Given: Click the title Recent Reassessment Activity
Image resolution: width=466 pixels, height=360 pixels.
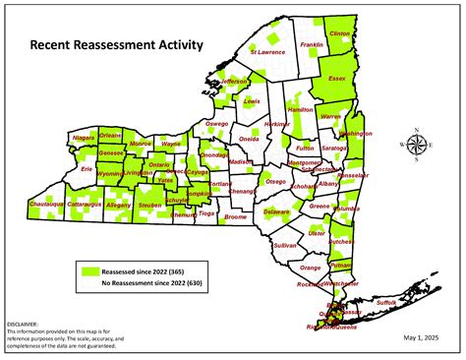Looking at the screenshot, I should click(x=116, y=44).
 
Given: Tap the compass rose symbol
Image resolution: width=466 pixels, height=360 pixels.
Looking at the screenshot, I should click(x=417, y=146).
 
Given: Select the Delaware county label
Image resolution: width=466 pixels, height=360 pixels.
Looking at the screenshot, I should click(x=277, y=211).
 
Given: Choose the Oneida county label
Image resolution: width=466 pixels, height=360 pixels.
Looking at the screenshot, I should click(x=250, y=139).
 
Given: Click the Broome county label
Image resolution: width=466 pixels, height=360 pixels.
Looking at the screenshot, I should click(x=235, y=216).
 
